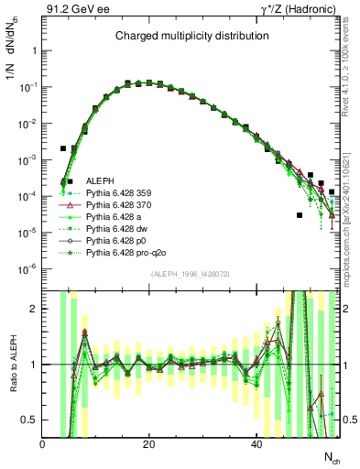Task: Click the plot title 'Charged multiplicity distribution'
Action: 191,36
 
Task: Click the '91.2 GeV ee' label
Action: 73,10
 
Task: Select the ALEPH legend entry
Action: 99,181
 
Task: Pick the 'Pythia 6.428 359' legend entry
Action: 118,194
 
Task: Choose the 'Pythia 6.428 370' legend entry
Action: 118,207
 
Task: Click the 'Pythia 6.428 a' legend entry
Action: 114,220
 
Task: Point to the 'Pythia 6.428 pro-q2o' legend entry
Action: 124,258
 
